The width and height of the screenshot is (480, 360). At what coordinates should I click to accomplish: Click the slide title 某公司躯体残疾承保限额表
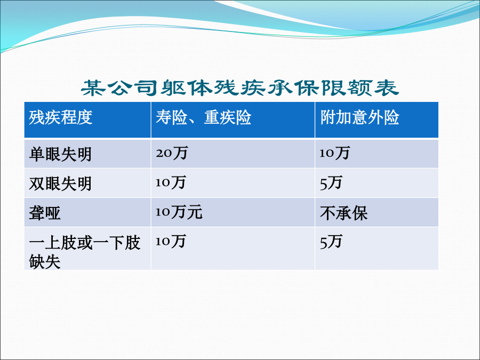(x=240, y=88)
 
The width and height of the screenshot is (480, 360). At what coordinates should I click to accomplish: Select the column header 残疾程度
(x=61, y=117)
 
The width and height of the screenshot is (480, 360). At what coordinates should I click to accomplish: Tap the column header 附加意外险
(x=359, y=117)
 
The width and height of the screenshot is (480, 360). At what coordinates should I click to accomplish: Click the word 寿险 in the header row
(x=171, y=117)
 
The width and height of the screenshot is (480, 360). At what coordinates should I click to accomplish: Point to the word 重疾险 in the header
(x=227, y=117)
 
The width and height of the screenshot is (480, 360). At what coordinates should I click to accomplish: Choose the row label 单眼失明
(x=60, y=154)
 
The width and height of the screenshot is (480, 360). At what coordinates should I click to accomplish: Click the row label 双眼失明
(x=60, y=183)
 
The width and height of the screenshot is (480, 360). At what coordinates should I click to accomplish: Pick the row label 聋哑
(x=45, y=213)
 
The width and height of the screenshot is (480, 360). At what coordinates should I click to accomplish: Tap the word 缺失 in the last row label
(x=45, y=262)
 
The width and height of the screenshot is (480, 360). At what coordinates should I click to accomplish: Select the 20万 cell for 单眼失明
(x=172, y=153)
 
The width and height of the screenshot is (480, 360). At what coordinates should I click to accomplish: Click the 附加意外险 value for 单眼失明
(x=334, y=153)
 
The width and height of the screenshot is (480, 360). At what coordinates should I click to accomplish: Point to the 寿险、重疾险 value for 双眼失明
(x=171, y=182)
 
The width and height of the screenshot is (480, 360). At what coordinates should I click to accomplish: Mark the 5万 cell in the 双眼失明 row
(x=331, y=183)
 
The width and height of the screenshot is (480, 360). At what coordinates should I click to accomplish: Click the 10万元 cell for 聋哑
(x=179, y=212)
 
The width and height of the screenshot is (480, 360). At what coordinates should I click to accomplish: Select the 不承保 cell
(x=344, y=213)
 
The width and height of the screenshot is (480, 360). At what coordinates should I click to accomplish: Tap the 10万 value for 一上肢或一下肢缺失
(x=171, y=241)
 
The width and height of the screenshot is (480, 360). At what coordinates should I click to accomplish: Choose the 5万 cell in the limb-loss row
(x=331, y=242)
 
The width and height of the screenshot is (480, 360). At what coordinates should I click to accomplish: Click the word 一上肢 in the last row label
(x=53, y=243)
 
